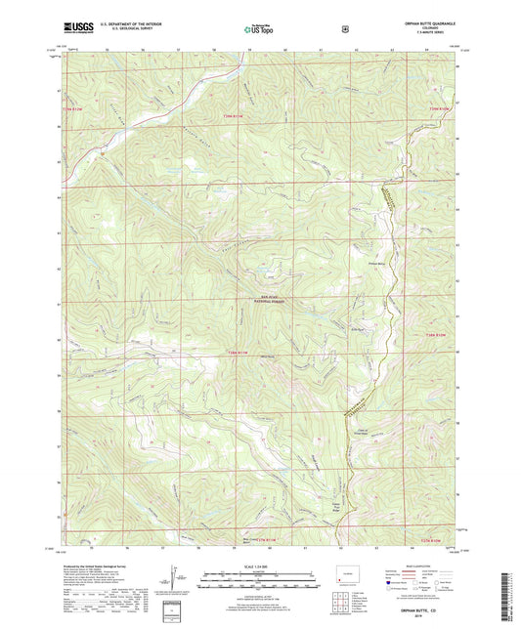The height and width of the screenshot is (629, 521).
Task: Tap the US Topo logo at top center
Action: [259, 30]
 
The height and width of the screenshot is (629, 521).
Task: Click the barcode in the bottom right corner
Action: [506, 596]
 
